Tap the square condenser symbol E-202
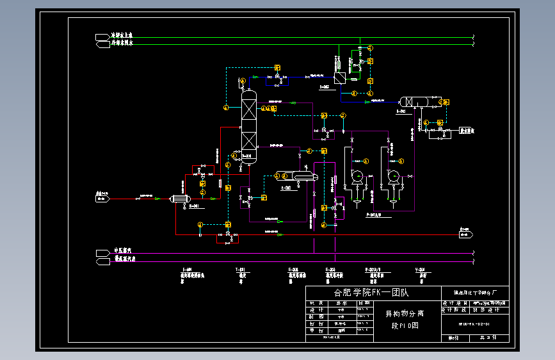339,78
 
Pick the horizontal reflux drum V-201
414,101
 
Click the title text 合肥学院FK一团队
371,293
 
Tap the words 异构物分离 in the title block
404,314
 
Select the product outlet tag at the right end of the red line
465,234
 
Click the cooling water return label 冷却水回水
122,44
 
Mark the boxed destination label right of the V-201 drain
467,130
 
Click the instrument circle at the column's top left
241,81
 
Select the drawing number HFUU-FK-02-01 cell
474,323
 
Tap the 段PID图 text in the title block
404,325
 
